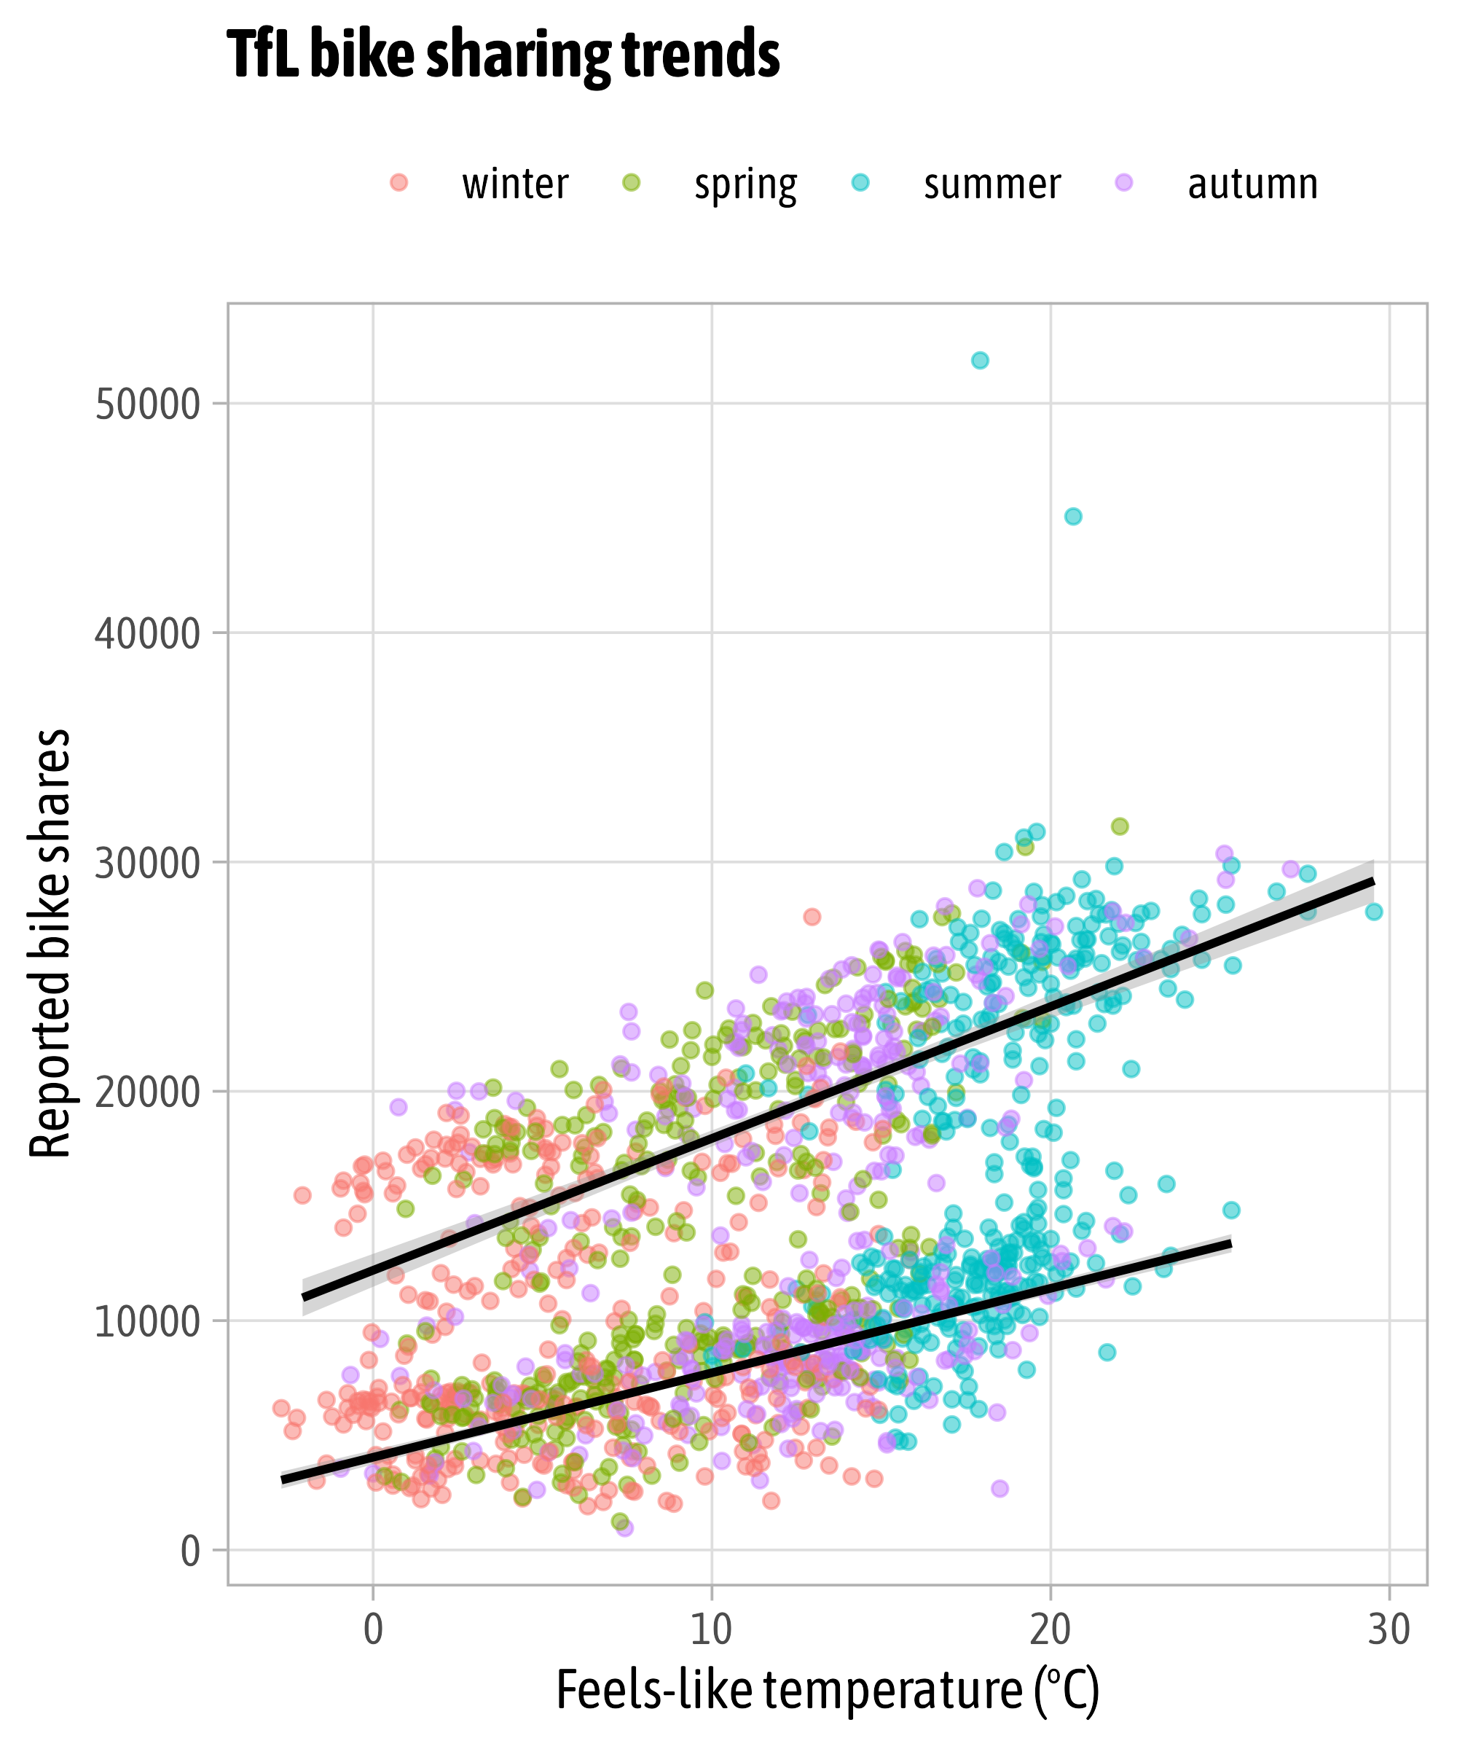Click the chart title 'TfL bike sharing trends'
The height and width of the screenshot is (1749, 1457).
pyautogui.click(x=503, y=55)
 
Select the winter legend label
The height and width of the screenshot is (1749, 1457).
pyautogui.click(x=515, y=184)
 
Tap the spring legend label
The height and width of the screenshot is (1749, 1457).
pyautogui.click(x=745, y=184)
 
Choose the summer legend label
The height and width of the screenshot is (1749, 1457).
pyautogui.click(x=991, y=184)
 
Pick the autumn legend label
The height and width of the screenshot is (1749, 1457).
pyautogui.click(x=1252, y=184)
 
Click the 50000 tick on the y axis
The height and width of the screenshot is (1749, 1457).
pyautogui.click(x=148, y=404)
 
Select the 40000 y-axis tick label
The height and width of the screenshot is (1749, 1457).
pyautogui.click(x=148, y=634)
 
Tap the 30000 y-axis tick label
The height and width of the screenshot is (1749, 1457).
pyautogui.click(x=148, y=864)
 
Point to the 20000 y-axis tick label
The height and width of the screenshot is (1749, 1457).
pyautogui.click(x=148, y=1092)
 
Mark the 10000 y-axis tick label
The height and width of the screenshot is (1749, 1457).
pyautogui.click(x=148, y=1323)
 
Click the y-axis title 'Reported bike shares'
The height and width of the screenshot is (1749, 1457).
pyautogui.click(x=50, y=944)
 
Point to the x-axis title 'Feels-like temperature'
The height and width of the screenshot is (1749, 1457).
pyautogui.click(x=828, y=1691)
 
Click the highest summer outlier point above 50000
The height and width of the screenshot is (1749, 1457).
pyautogui.click(x=980, y=361)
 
